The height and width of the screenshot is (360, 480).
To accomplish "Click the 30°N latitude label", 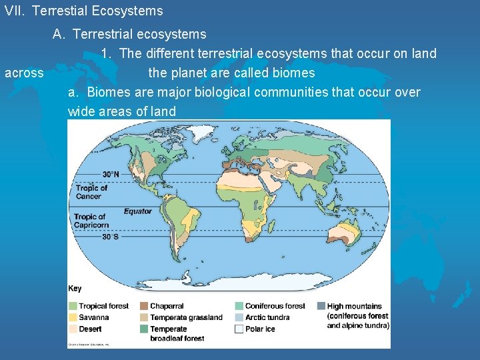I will (111, 175).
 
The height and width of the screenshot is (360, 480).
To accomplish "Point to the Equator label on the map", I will (137, 211).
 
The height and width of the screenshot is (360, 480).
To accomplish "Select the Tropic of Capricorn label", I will (91, 221).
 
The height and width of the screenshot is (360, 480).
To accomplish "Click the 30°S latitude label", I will (111, 236).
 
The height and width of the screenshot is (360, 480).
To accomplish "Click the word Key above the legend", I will (75, 289).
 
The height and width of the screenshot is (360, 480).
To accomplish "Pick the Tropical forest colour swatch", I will (73, 306).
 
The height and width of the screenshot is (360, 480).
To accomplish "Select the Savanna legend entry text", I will (93, 317).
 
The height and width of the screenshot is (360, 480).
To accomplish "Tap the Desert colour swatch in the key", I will (73, 329).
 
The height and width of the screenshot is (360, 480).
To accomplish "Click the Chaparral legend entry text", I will (167, 306).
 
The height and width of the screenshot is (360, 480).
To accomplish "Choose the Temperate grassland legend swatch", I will (144, 317).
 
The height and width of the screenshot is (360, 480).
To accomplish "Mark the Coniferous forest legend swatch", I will (239, 306).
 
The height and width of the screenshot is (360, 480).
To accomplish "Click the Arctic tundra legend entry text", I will (267, 317).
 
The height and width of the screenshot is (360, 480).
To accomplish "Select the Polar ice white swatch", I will (239, 329).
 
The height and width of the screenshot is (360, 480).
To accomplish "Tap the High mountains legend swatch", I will (321, 306).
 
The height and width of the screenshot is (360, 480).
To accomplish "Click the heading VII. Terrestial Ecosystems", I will (83, 11).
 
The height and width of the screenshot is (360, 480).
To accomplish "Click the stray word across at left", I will (24, 73).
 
